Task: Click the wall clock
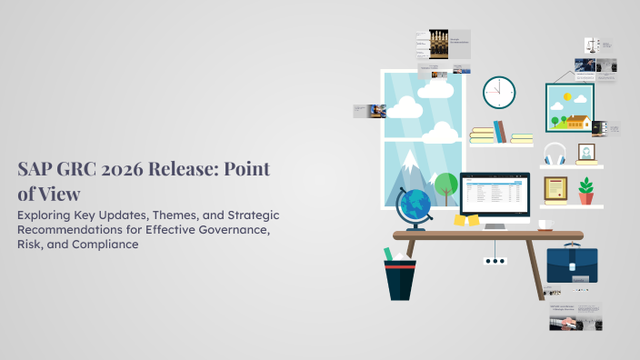point(499,92)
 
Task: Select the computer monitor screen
point(495,194)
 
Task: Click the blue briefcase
point(572,264)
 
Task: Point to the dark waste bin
point(400,279)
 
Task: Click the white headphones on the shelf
point(555,154)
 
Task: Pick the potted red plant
point(586,191)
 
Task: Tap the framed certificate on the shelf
point(555,189)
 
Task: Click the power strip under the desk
point(495,260)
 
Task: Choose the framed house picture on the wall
point(570,108)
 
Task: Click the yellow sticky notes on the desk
point(468,221)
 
